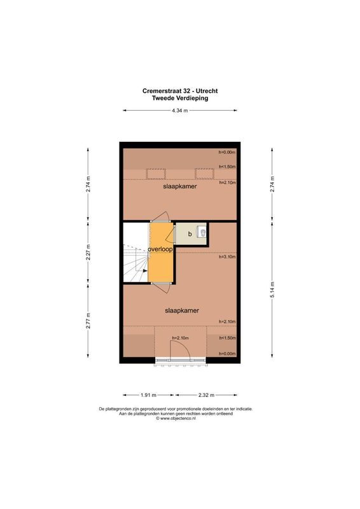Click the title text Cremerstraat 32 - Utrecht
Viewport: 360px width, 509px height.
(180, 91)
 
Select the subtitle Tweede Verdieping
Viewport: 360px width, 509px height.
(180, 99)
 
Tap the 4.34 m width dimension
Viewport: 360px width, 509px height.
(180, 111)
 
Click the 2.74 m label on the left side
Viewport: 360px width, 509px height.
(88, 184)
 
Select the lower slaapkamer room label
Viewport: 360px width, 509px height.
(182, 310)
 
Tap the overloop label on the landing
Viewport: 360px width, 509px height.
(160, 249)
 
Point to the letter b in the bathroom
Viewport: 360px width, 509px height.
(190, 234)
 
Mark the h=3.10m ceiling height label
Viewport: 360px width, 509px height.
(227, 257)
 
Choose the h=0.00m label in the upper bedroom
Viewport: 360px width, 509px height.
(227, 153)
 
